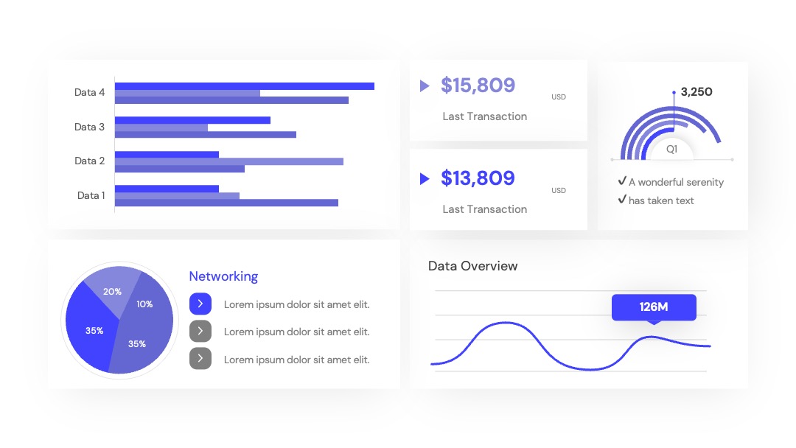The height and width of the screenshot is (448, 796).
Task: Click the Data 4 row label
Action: point(89,92)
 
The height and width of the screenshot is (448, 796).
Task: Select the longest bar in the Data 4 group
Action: point(245,86)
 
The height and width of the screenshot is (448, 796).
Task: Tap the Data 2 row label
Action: point(89,161)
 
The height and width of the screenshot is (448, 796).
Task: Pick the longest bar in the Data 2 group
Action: point(229,161)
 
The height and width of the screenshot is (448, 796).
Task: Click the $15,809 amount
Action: point(478,85)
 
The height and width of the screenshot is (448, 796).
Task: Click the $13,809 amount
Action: point(478,178)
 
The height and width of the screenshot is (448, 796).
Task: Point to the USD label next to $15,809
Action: point(559,97)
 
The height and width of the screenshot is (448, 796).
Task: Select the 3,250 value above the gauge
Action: point(696,92)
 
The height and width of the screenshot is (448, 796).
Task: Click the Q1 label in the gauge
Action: point(671,149)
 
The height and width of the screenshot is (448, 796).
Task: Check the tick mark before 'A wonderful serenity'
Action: point(622,181)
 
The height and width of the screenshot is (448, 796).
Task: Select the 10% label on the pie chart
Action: point(144,304)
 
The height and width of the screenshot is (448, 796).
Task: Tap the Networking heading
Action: point(223,276)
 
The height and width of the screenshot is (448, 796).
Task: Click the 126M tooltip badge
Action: point(654,307)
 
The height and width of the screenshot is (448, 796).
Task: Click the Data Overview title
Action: point(472,266)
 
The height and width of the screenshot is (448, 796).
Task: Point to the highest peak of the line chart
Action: point(506,323)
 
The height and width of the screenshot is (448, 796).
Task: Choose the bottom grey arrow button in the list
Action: point(200,359)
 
